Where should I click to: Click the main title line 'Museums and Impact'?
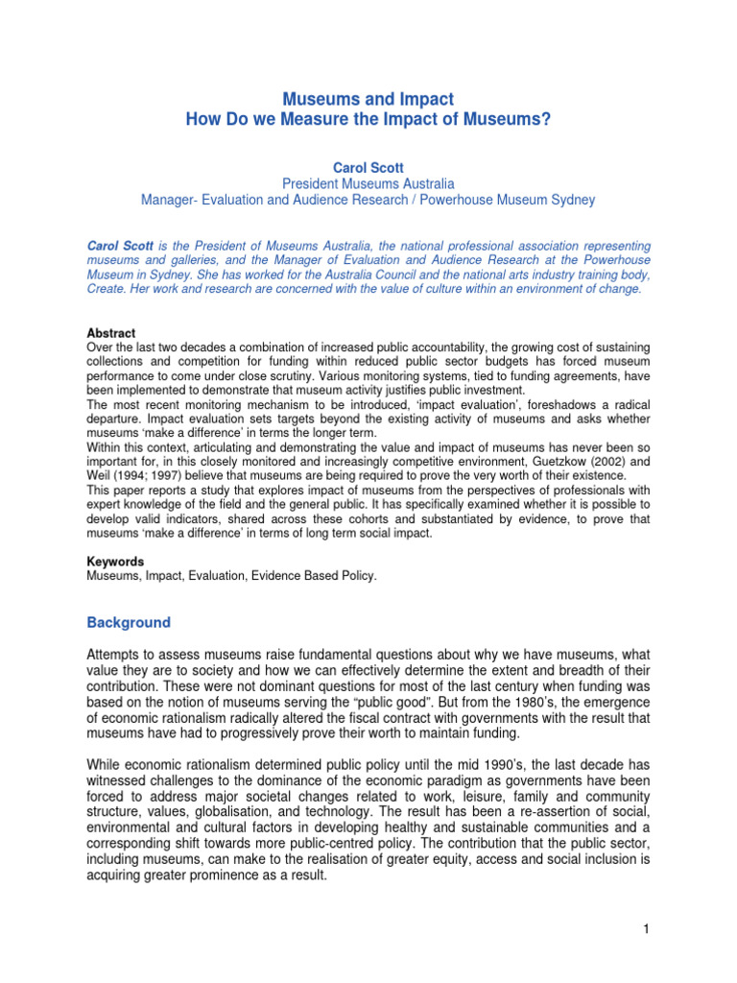coord(368,99)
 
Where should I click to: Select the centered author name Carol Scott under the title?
coord(368,167)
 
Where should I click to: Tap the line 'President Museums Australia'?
coord(368,183)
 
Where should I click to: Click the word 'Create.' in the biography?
coord(107,288)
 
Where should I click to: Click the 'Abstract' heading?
coord(110,333)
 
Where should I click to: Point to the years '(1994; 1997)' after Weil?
coord(147,476)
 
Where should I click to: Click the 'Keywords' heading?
coord(115,562)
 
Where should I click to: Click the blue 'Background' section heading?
coord(129,622)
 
